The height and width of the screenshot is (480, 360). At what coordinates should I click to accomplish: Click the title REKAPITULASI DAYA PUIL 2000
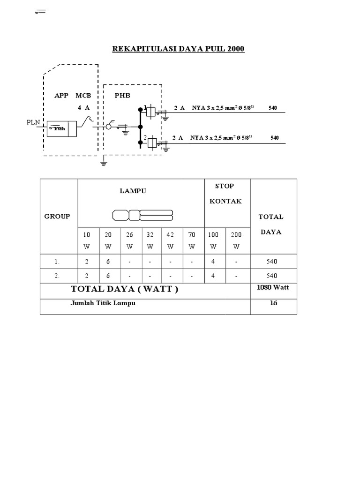click(x=178, y=48)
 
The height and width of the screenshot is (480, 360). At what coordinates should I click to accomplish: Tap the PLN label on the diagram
click(x=34, y=122)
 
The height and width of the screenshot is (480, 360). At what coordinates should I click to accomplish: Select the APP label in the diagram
click(x=61, y=95)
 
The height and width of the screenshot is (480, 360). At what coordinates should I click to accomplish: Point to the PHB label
click(x=123, y=95)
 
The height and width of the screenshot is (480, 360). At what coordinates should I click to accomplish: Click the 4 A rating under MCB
click(x=84, y=107)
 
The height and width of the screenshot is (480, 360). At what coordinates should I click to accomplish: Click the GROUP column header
click(x=57, y=216)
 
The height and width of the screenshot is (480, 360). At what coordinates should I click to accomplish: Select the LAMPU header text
click(x=133, y=191)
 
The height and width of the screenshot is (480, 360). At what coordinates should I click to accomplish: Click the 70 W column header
click(x=192, y=240)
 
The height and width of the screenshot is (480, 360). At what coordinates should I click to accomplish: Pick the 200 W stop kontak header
click(x=236, y=240)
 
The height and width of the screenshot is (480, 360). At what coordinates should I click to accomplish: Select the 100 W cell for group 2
click(x=213, y=276)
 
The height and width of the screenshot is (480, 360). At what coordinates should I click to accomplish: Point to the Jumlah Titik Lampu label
click(x=103, y=303)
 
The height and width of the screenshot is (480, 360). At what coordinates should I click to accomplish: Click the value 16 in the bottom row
click(x=273, y=303)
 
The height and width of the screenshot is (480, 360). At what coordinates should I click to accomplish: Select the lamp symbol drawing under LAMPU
click(x=142, y=216)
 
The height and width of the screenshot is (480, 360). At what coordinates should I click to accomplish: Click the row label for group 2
click(x=58, y=276)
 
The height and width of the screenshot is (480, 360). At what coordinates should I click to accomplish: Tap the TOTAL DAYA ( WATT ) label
click(x=124, y=290)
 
